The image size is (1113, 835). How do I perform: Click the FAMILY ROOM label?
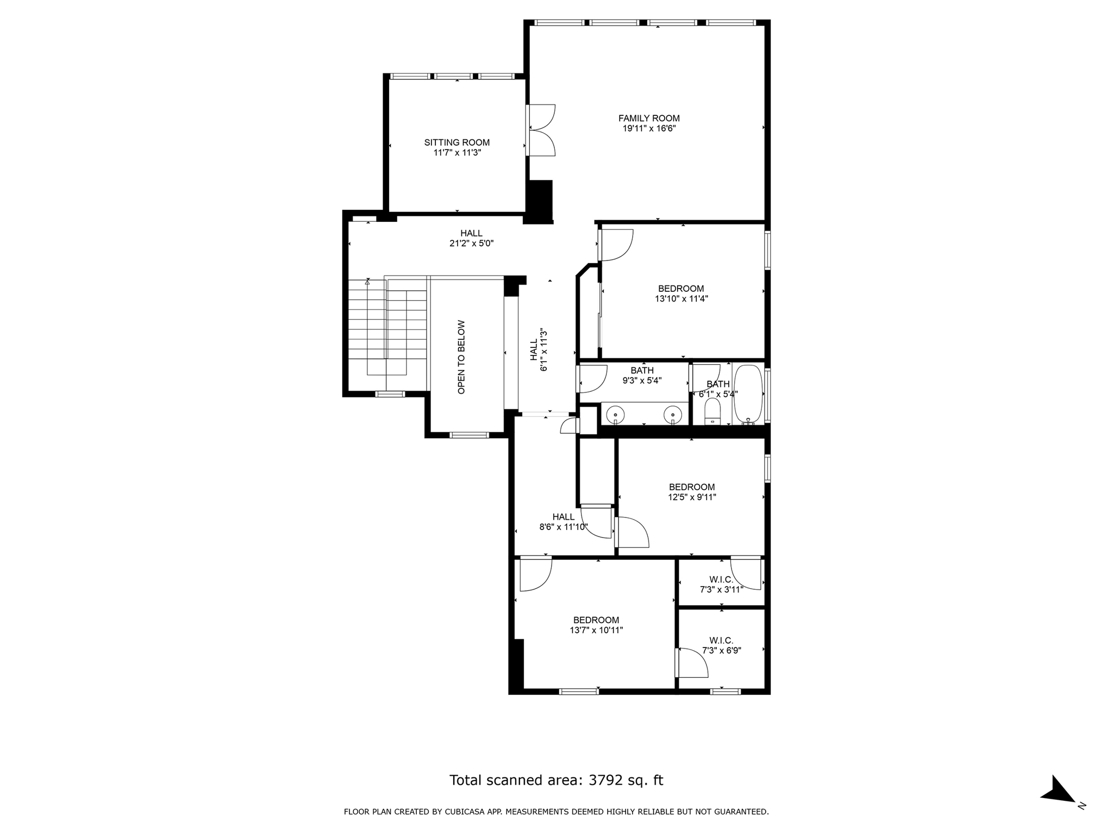click(649, 118)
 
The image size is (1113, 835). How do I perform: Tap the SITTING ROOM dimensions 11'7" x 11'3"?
click(457, 153)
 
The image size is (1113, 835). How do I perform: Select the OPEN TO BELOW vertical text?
click(461, 357)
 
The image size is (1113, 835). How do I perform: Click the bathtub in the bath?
click(748, 394)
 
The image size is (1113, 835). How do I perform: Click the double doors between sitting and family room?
click(541, 130)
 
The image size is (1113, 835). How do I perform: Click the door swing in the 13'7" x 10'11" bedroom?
click(535, 575)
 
